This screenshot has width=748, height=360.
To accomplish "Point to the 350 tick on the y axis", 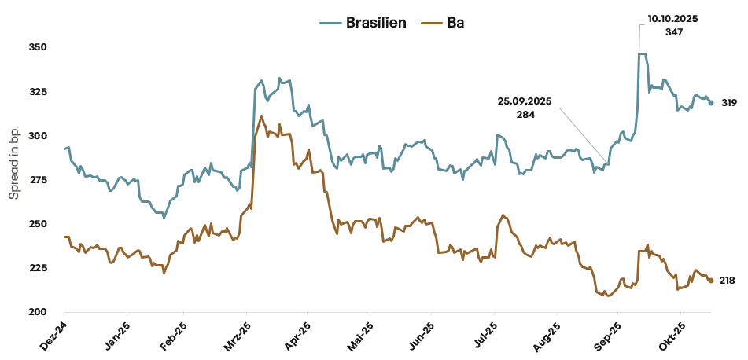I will pos(39,47).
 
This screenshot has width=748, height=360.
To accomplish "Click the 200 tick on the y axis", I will pos(39,312).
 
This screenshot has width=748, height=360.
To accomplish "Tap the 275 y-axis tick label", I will pos(39,180).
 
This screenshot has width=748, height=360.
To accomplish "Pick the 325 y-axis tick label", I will pos(39,92).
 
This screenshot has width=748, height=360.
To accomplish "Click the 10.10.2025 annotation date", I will pos(673,18).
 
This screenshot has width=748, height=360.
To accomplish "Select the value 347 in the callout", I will pos(673,32).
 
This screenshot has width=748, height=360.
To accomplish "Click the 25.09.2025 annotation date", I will pos(525,101).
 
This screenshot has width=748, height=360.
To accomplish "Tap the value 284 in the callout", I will pos(525,115).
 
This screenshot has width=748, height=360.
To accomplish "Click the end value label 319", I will pos(728,103).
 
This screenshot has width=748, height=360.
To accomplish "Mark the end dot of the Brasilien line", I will pos(711,103).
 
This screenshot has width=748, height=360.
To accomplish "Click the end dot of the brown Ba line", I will pos(711,281).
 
